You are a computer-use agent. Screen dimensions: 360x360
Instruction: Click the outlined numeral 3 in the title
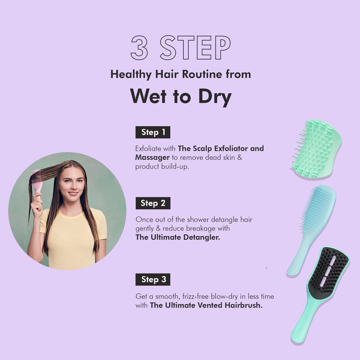[139, 48]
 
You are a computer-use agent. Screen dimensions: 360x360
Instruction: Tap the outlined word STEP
[195, 48]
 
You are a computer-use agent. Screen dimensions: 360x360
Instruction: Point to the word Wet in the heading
[148, 96]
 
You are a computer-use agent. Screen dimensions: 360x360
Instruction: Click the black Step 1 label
[153, 132]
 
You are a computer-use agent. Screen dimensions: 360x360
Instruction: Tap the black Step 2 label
[153, 203]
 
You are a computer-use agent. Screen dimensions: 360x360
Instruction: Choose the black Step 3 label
[153, 279]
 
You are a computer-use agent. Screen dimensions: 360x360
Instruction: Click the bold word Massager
[153, 158]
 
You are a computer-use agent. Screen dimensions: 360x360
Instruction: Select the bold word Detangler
[202, 238]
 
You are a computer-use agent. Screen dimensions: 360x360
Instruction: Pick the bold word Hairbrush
[243, 306]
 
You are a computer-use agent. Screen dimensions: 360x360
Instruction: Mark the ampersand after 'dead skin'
[239, 158]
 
